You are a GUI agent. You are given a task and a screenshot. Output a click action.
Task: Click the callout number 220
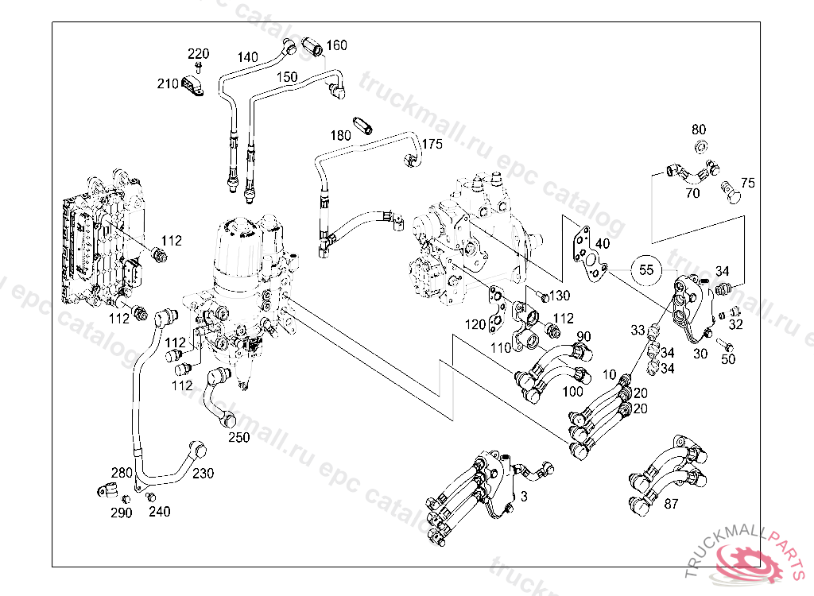tap(198, 53)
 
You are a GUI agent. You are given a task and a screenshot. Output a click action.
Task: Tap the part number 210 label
tap(168, 83)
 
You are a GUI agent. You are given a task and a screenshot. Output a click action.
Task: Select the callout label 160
tap(336, 45)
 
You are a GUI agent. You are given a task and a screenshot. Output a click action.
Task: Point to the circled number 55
tap(646, 270)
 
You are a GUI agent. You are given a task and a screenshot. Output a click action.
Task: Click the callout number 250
tap(238, 438)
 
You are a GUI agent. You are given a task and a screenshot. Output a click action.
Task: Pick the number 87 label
tap(671, 504)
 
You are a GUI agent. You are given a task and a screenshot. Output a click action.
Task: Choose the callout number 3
tap(525, 497)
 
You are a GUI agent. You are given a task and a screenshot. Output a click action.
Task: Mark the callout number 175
tap(432, 144)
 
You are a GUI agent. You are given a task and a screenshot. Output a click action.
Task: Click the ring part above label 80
tap(700, 146)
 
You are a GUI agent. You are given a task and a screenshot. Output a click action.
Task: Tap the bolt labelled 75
tap(731, 192)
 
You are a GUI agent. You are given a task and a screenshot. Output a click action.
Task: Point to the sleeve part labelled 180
tap(361, 125)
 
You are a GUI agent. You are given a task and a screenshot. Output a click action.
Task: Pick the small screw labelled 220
tap(198, 67)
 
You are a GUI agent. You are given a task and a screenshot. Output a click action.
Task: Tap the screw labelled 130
tap(542, 296)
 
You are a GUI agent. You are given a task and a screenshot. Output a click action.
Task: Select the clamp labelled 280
tap(107, 490)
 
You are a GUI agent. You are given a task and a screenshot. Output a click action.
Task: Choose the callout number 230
tap(203, 474)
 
